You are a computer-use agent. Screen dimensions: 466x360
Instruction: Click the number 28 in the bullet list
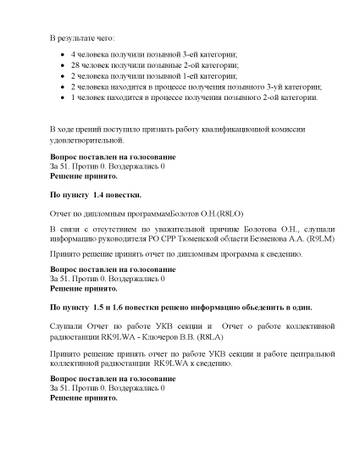click(x=74, y=63)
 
